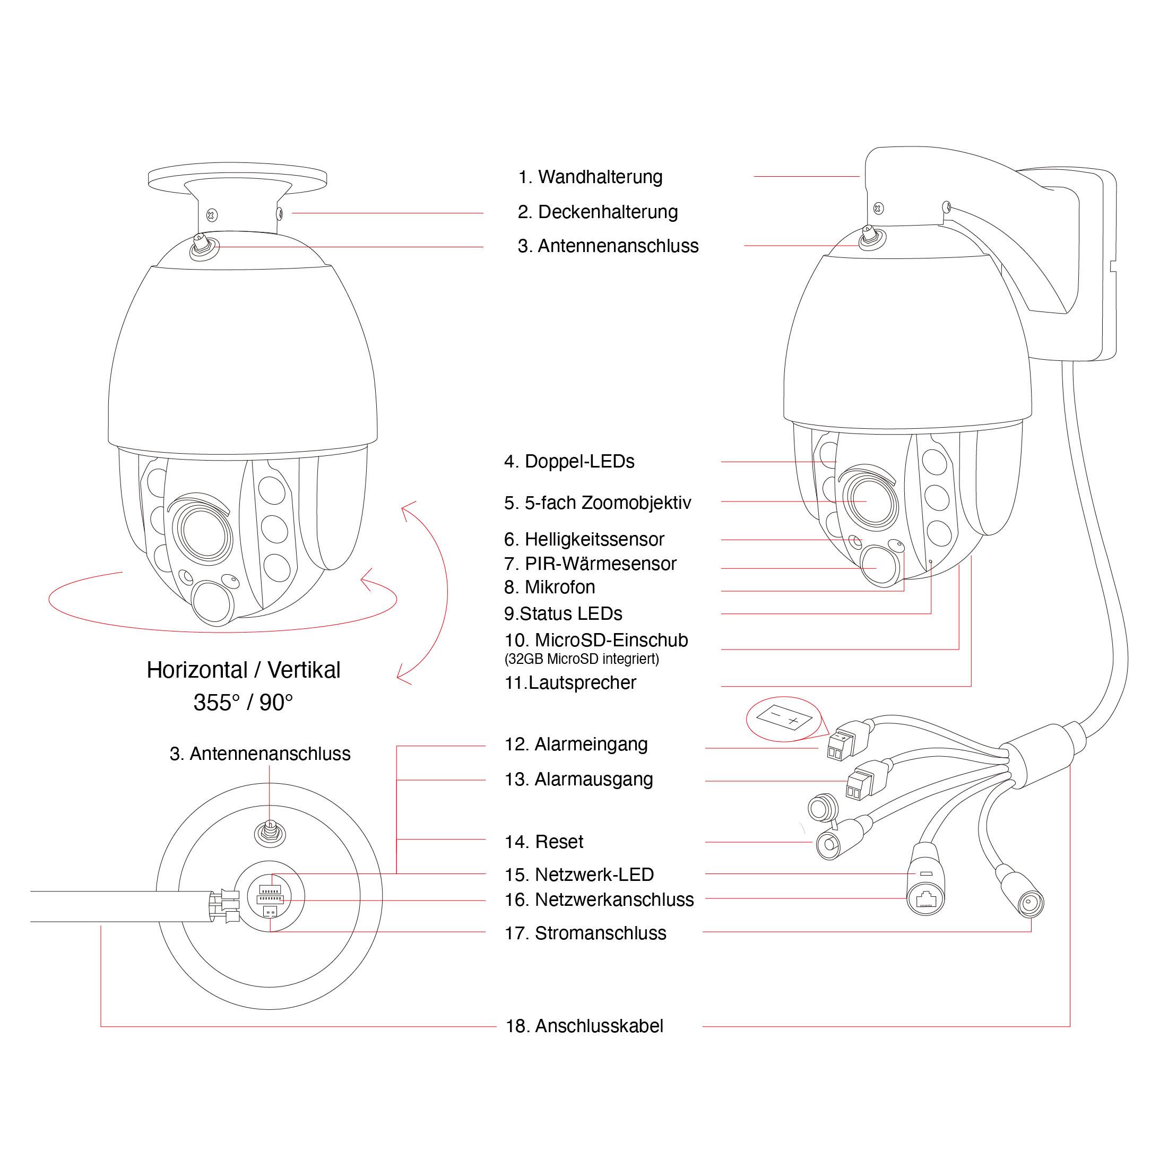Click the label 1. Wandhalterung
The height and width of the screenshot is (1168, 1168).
tap(590, 177)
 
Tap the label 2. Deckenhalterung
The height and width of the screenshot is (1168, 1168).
tap(598, 212)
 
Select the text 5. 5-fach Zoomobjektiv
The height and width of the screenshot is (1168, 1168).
tap(598, 503)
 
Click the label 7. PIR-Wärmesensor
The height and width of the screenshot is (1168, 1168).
tap(590, 564)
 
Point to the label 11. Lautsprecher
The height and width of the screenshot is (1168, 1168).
tap(570, 682)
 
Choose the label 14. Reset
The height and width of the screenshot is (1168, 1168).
tap(544, 842)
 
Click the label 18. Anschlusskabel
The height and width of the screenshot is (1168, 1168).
tap(584, 1026)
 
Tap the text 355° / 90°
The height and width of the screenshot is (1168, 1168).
tap(243, 703)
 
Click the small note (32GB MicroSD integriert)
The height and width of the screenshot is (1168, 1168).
tap(582, 659)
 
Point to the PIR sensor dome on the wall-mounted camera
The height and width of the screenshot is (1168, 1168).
tap(880, 565)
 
